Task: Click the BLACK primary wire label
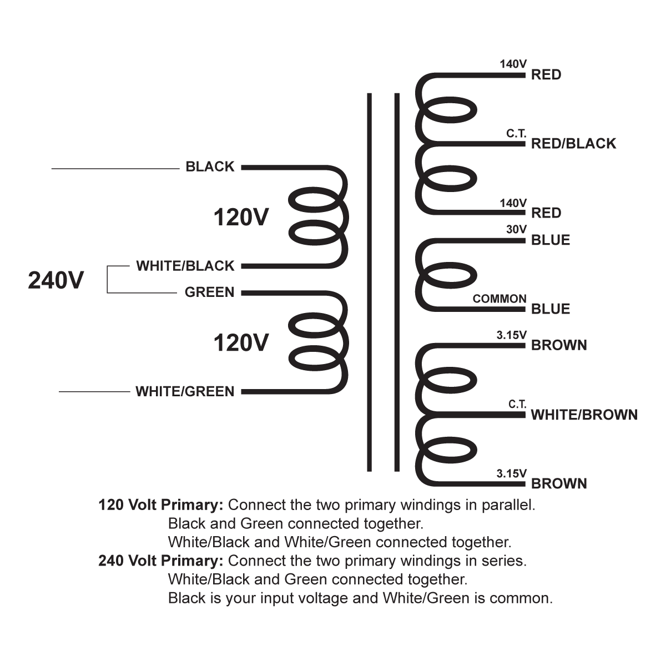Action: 210,167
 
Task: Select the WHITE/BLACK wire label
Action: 185,266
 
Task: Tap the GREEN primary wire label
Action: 209,292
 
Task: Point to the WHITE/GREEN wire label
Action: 185,391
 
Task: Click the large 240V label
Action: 56,280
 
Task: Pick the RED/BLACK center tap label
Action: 573,144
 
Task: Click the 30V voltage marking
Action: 516,229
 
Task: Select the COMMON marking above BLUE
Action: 499,299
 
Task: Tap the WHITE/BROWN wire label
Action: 584,415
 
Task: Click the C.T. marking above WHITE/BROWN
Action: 517,404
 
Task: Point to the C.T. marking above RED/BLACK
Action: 516,134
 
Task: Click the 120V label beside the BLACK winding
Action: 241,218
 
